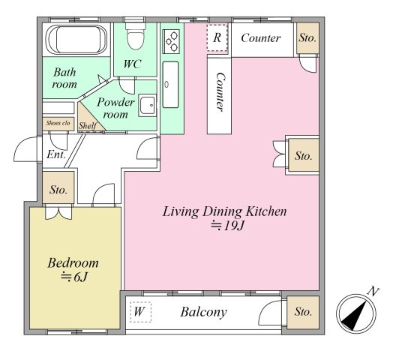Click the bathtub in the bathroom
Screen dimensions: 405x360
point(76,40)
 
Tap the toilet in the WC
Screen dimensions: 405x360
point(135,36)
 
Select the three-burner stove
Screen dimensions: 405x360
point(171,41)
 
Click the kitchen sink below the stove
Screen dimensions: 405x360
point(170,85)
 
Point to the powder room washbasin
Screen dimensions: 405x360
point(148,105)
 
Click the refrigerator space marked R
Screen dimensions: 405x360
point(217,37)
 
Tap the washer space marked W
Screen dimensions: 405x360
point(140,312)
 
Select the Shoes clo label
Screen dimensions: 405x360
point(58,123)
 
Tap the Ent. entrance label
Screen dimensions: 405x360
point(56,154)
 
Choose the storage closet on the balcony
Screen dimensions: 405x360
point(303,312)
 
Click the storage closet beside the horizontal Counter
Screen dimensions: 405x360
point(307,38)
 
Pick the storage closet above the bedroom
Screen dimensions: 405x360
point(58,187)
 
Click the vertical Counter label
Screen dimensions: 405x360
point(220,92)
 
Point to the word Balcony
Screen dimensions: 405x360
point(203,312)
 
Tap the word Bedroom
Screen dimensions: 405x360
point(73,263)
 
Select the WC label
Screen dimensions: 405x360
point(132,64)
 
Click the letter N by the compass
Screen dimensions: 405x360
point(373,291)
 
